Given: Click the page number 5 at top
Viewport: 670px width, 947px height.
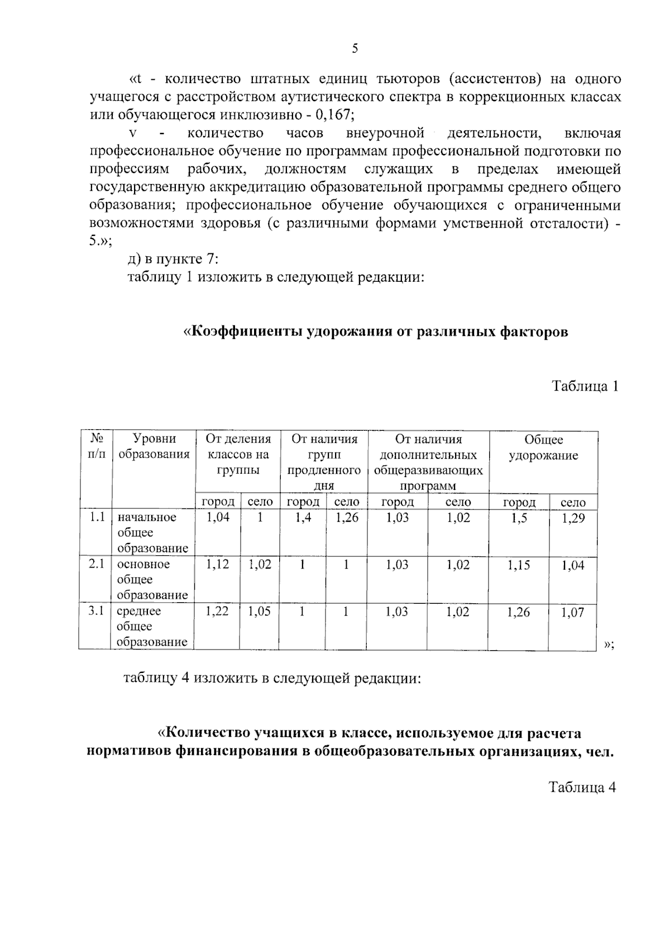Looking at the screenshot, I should click(355, 49).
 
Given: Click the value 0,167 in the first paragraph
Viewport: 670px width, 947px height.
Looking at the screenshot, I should click(334, 116).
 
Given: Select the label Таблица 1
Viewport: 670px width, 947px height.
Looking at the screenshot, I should click(585, 386).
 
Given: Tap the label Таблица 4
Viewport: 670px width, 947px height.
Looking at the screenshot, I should click(583, 787).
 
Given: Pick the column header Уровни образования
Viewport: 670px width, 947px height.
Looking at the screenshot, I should click(154, 446).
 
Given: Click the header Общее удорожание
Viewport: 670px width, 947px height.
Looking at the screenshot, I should click(543, 448).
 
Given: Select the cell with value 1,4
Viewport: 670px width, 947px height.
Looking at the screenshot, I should click(302, 517).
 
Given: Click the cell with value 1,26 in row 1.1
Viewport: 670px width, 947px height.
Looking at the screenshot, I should click(346, 517).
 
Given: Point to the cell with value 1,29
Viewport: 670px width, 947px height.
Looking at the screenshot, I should click(573, 518).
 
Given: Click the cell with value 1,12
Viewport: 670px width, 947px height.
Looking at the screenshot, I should click(217, 564).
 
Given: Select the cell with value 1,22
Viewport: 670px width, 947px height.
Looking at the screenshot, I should click(217, 611).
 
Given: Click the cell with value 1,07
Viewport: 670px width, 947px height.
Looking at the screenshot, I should click(573, 612).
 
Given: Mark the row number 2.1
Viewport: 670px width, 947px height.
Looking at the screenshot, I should click(96, 564).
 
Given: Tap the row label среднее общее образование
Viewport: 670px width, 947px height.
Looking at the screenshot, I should click(152, 626).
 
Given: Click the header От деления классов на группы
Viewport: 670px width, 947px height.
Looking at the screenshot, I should click(238, 454).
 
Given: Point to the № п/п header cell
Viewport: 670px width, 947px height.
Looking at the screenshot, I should click(96, 446).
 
